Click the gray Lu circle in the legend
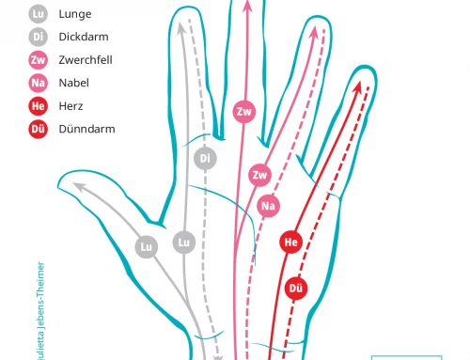click(39, 14)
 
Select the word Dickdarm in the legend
click(84, 37)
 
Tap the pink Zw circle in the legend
click(39, 60)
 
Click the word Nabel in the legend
click(74, 83)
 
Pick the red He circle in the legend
click(39, 106)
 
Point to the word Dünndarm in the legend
click(86, 129)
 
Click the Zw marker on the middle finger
click(244, 112)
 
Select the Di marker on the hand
click(205, 158)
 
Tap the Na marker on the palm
click(269, 206)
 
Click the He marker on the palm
click(291, 242)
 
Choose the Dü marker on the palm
click(296, 289)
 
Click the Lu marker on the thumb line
click(147, 247)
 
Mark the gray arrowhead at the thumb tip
click(79, 187)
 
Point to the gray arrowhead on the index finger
click(180, 28)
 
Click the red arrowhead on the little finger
click(357, 86)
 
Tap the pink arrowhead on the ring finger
click(314, 33)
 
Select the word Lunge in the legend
click(75, 14)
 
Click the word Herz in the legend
click(70, 106)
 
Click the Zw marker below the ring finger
click(260, 175)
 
